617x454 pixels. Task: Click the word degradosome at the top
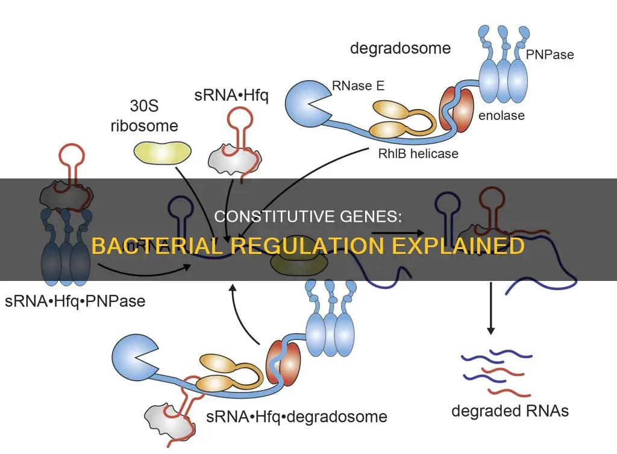coord(400,48)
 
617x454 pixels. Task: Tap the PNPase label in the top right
coord(550,55)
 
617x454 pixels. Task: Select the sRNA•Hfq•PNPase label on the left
coord(75,300)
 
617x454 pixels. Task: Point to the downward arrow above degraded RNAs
coord(491,307)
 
